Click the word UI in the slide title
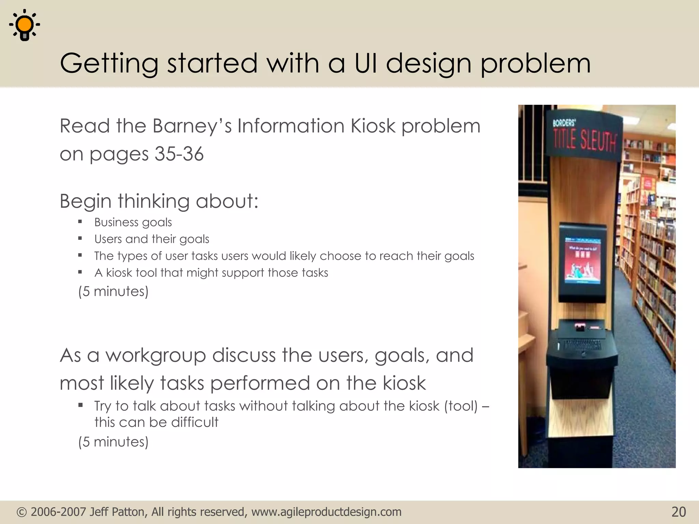point(366,63)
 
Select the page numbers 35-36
point(179,154)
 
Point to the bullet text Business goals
point(133,222)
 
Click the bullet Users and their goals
point(152,239)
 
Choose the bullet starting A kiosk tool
point(211,273)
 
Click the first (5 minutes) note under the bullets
point(113,291)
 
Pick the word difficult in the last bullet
point(195,422)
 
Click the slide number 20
point(679,512)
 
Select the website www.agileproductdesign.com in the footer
point(326,512)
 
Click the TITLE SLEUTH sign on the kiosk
point(584,141)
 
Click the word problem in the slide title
point(535,63)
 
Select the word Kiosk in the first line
point(373,126)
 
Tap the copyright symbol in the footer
point(22,512)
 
